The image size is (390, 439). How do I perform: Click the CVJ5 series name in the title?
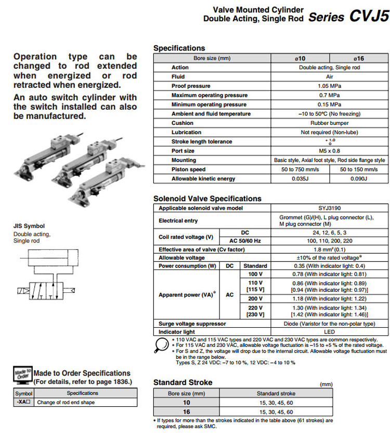(x=369, y=16)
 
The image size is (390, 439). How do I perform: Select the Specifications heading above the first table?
(x=179, y=48)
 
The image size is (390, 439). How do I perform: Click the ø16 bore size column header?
(x=359, y=58)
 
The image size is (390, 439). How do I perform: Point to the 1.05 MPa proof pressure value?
(x=329, y=86)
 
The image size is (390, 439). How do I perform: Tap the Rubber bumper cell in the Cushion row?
(x=329, y=123)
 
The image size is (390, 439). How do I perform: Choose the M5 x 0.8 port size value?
(x=329, y=151)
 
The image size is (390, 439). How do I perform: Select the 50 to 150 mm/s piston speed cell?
(x=359, y=170)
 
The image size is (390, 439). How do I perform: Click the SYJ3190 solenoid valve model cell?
(x=329, y=208)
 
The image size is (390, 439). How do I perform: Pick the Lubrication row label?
(x=186, y=133)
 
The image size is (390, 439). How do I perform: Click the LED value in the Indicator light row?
(x=329, y=332)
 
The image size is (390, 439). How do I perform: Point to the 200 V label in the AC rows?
(x=255, y=299)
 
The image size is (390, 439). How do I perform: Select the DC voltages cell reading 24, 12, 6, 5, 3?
(x=329, y=233)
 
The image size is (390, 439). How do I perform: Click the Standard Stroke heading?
(x=183, y=382)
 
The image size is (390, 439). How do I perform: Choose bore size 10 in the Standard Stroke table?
(x=186, y=403)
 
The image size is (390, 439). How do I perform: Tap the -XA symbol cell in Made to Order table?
(x=24, y=402)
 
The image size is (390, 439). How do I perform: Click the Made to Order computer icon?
(x=22, y=376)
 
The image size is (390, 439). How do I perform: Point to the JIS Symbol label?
(x=29, y=226)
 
